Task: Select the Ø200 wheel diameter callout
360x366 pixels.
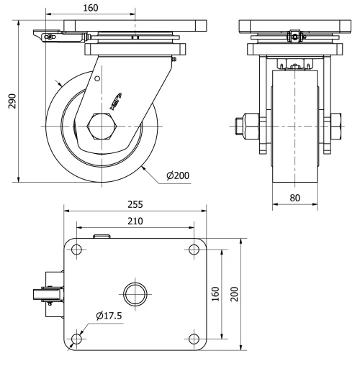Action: coord(177,175)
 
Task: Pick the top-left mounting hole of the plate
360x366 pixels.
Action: coord(76,249)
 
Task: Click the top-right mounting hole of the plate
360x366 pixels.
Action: coord(193,249)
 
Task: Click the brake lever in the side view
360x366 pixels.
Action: coord(48,36)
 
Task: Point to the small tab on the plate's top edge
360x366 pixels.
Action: coord(102,235)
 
